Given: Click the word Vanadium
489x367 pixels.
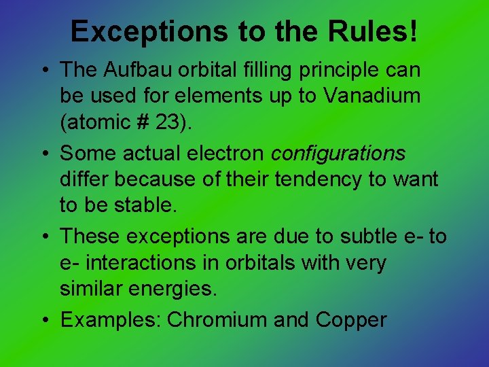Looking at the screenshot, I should (372, 96).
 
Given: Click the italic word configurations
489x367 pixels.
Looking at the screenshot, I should (338, 154).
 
